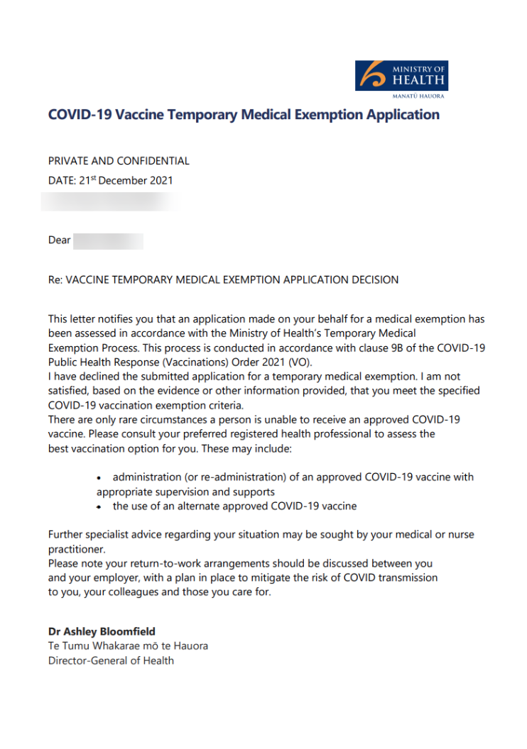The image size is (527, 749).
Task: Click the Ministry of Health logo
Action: click(401, 78)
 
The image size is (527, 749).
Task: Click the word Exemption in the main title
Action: click(335, 114)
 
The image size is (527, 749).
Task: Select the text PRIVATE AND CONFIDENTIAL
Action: click(119, 161)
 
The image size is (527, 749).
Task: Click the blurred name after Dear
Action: click(108, 240)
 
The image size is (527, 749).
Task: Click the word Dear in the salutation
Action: click(60, 240)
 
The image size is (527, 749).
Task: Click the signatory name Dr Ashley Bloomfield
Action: click(102, 631)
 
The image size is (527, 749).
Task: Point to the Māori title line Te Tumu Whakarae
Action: click(128, 646)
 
